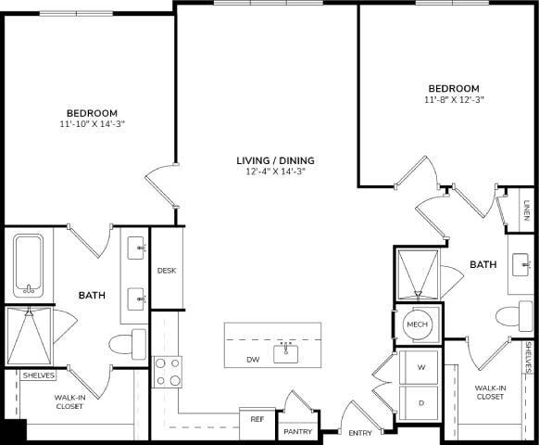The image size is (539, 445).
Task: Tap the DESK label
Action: point(167,271)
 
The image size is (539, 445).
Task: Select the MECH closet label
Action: point(416,324)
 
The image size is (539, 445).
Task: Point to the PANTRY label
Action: point(298,430)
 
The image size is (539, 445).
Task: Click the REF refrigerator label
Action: point(257,419)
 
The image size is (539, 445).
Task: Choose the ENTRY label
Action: point(359,433)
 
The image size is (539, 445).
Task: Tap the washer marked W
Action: point(421,367)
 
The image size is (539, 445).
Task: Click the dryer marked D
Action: point(421,402)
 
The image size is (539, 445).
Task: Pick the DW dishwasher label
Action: point(253,359)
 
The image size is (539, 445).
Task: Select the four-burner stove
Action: point(168,372)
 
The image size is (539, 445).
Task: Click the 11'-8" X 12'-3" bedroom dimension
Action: point(453,98)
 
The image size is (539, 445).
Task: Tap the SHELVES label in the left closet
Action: point(39,375)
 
